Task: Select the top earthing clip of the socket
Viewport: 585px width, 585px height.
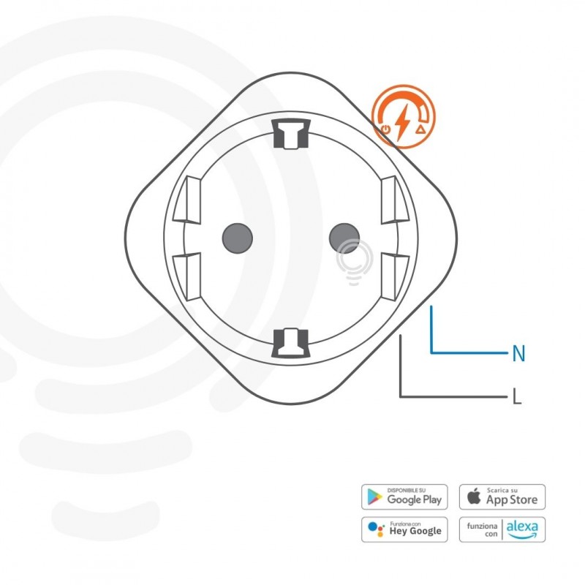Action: click(x=290, y=132)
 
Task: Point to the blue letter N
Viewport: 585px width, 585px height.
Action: click(x=518, y=354)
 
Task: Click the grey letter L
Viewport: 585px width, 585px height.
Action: click(x=517, y=398)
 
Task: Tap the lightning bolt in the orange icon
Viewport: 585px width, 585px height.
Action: click(x=402, y=121)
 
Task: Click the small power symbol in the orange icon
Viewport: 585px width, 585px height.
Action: click(x=385, y=130)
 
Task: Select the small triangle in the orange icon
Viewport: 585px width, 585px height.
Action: click(x=420, y=129)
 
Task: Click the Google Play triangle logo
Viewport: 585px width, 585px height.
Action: click(x=374, y=497)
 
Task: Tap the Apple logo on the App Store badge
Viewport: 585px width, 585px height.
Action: click(x=475, y=497)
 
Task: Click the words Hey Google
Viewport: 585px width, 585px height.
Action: click(x=415, y=532)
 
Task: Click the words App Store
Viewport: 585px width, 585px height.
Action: click(x=513, y=500)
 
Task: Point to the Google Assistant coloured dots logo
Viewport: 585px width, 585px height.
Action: click(x=375, y=529)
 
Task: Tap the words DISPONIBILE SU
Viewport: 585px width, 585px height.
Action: click(x=407, y=490)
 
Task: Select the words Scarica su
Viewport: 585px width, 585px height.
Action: click(x=503, y=490)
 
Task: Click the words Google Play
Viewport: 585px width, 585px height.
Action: click(x=415, y=500)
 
